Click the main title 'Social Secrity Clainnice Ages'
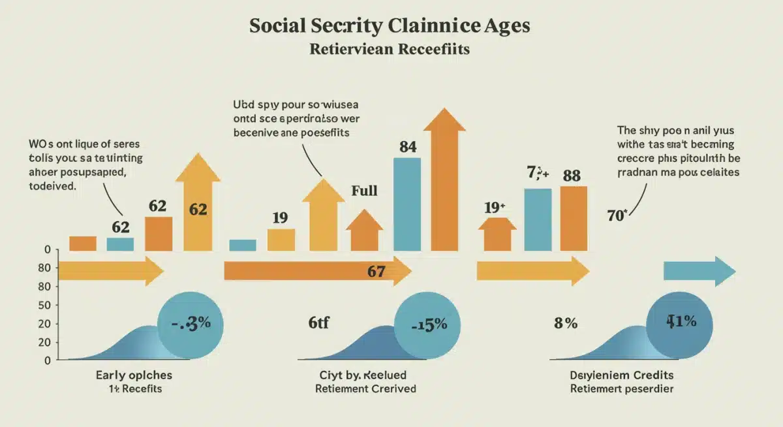pyautogui.click(x=390, y=27)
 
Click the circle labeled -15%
pyautogui.click(x=428, y=324)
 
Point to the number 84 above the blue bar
pyautogui.click(x=407, y=147)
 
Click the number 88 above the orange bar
pyautogui.click(x=572, y=176)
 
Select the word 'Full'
pyautogui.click(x=364, y=191)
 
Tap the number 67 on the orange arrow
pyautogui.click(x=376, y=272)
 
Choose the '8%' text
pyautogui.click(x=565, y=323)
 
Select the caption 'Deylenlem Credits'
pyautogui.click(x=622, y=376)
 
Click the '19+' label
pyautogui.click(x=495, y=208)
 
